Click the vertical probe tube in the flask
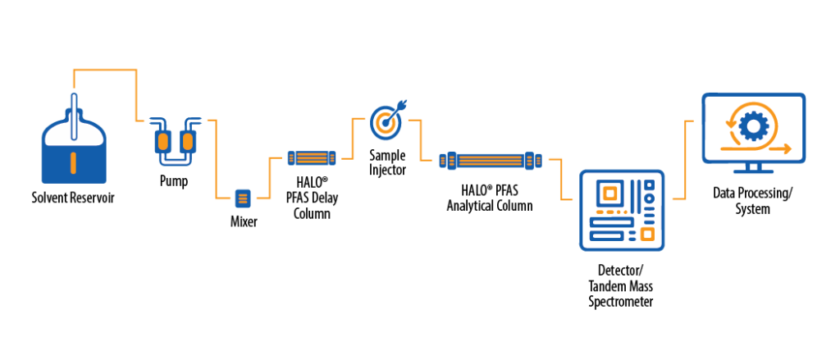pyautogui.click(x=74, y=115)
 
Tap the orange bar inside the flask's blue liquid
pyautogui.click(x=74, y=163)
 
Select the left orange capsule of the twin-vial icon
pyautogui.click(x=163, y=141)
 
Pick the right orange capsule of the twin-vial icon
pyautogui.click(x=188, y=141)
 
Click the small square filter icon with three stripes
pyautogui.click(x=243, y=198)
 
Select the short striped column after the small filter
pyautogui.click(x=312, y=157)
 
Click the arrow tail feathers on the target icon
pyautogui.click(x=402, y=104)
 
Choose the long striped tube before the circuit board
pyautogui.click(x=491, y=161)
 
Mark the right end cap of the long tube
pyautogui.click(x=532, y=161)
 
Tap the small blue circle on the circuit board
pyautogui.click(x=649, y=198)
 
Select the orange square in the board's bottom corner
pyautogui.click(x=648, y=235)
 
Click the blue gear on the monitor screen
pyautogui.click(x=754, y=125)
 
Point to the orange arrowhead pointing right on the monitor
pyautogui.click(x=787, y=148)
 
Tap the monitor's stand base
pyautogui.click(x=753, y=171)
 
